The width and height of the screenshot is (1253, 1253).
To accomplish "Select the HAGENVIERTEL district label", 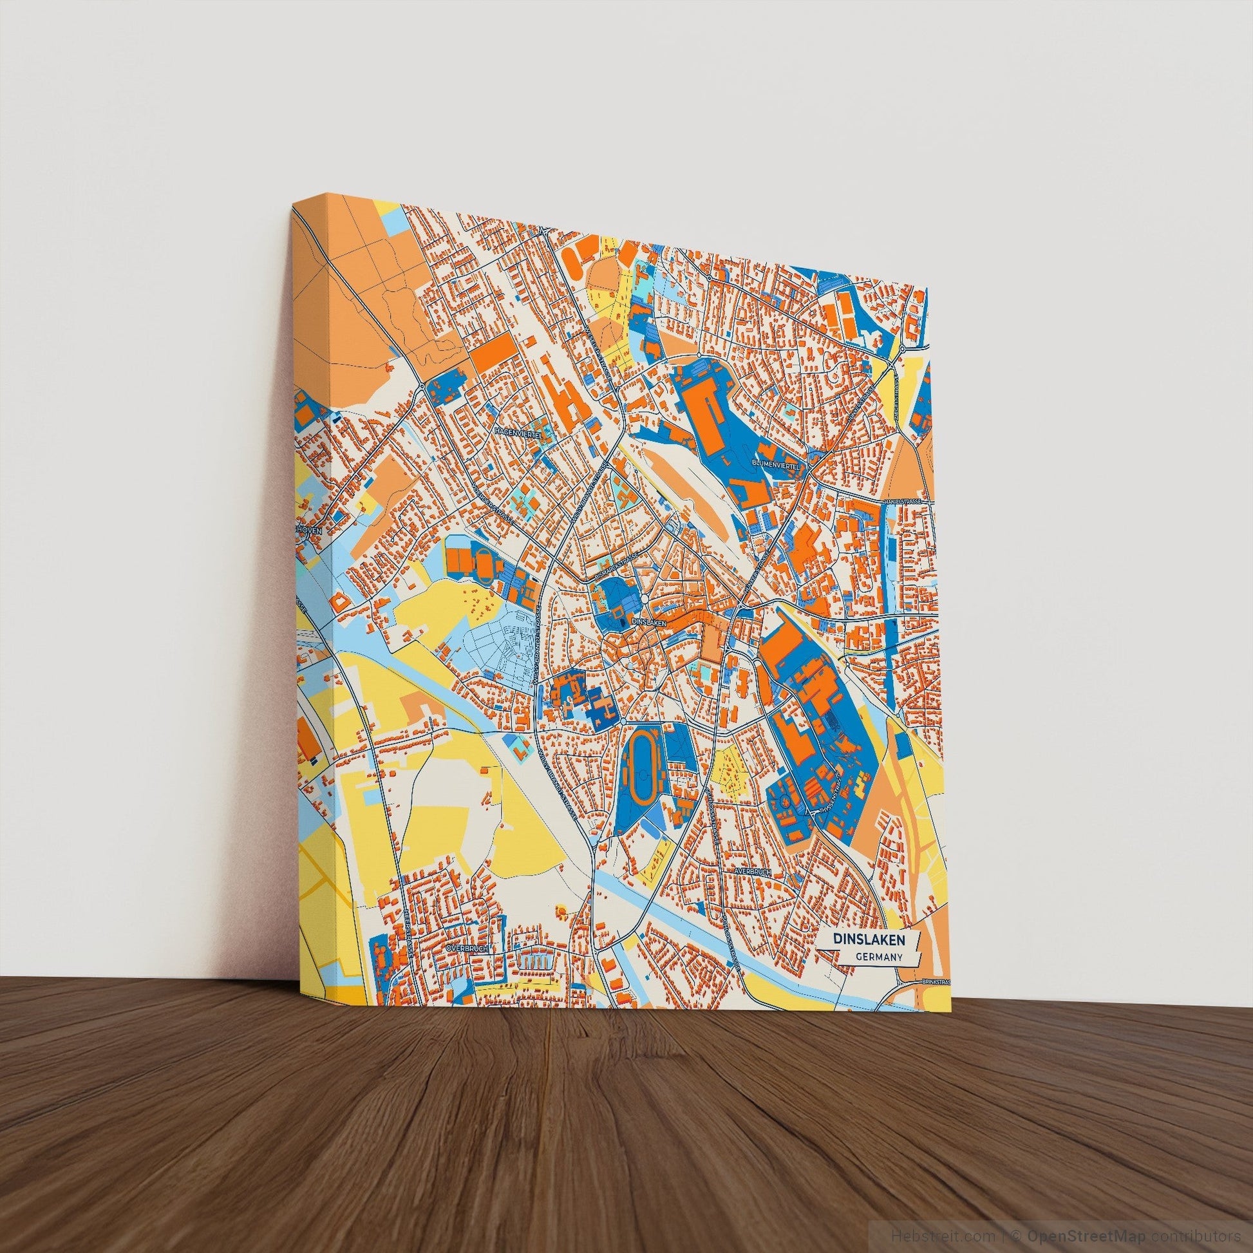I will coord(518,432).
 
